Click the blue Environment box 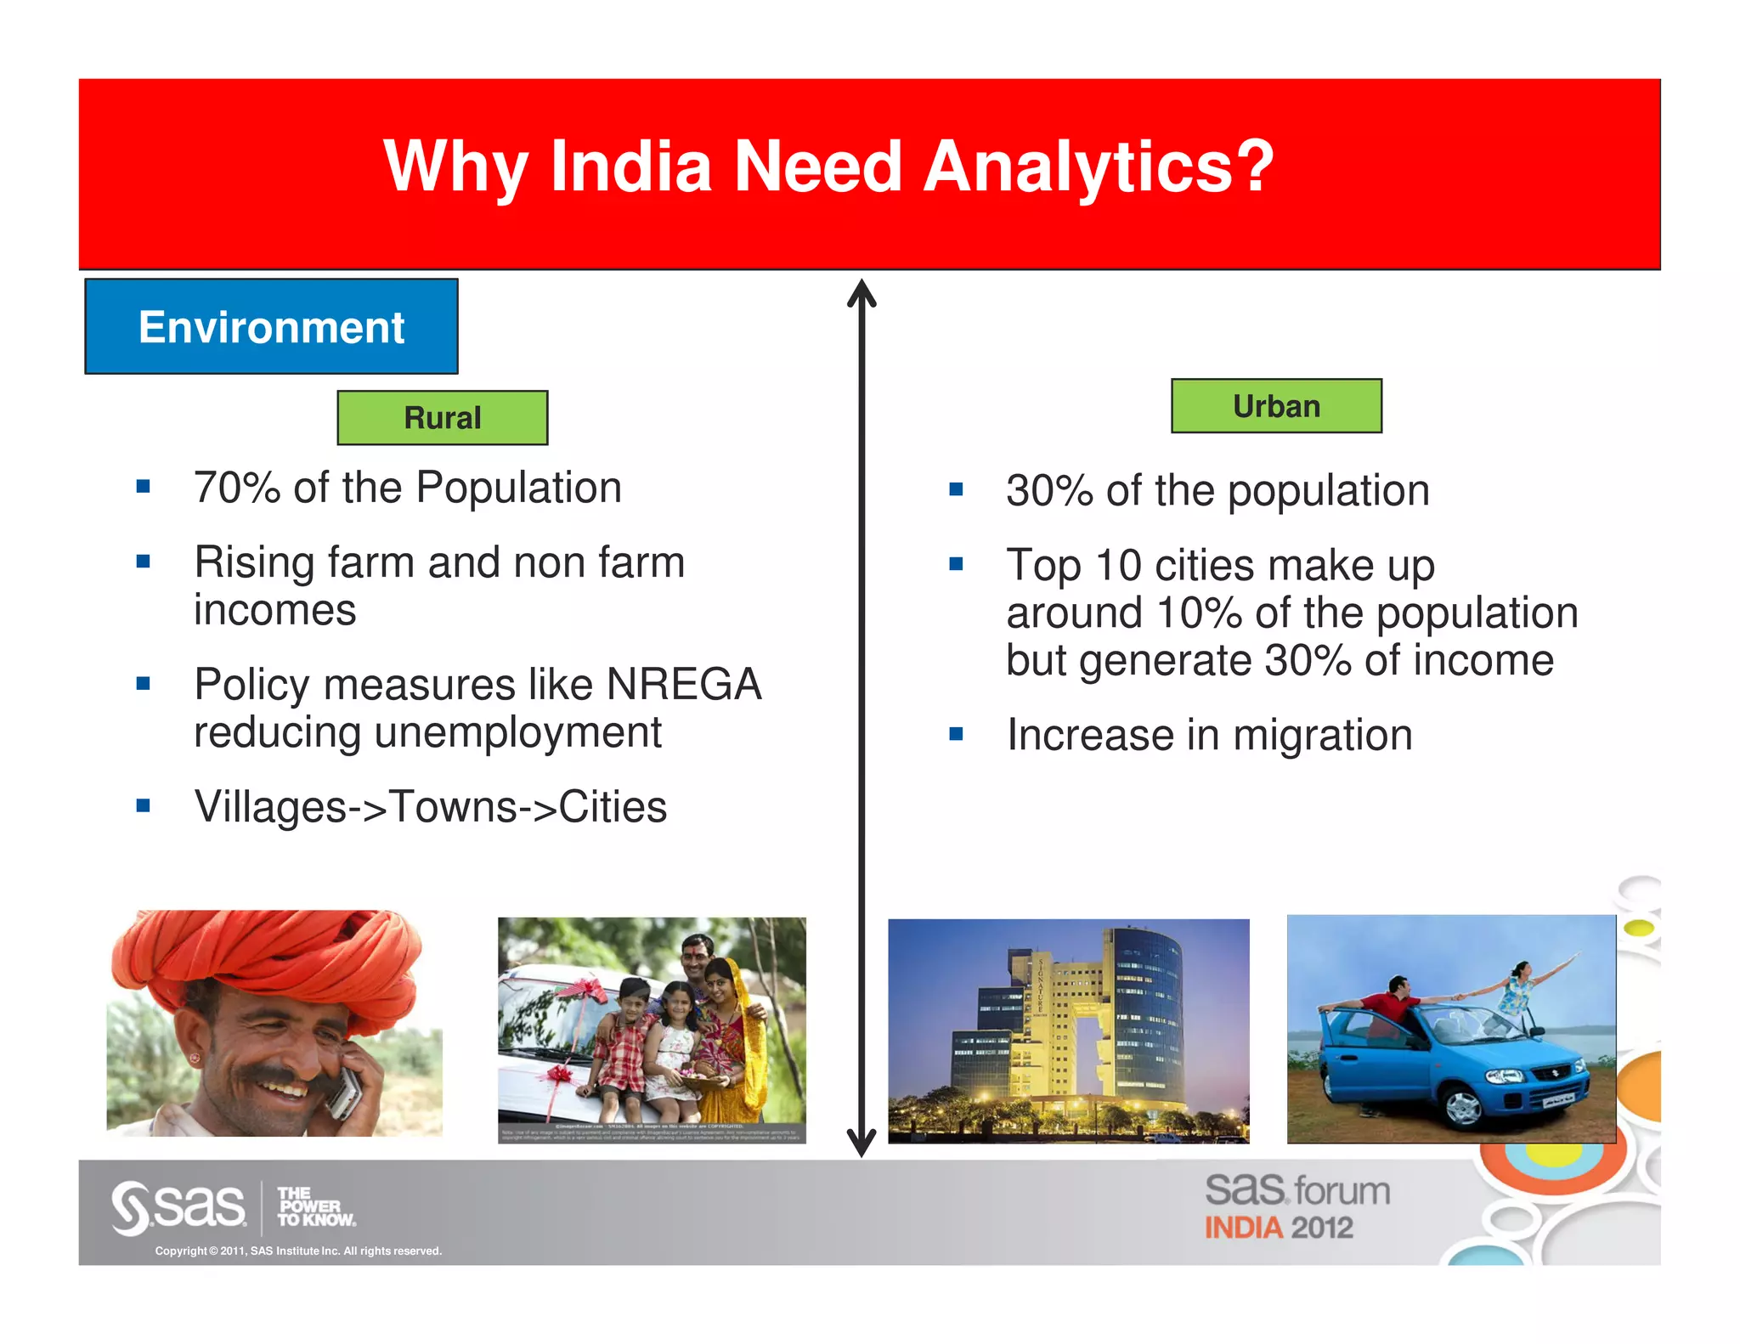271,326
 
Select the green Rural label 442,418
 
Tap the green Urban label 1276,406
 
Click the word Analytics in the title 1098,167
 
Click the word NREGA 683,685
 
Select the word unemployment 517,732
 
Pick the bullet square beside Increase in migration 956,734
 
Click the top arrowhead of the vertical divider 862,293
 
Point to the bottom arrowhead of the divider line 862,1143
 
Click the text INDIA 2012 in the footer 1279,1228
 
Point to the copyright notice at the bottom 298,1251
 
